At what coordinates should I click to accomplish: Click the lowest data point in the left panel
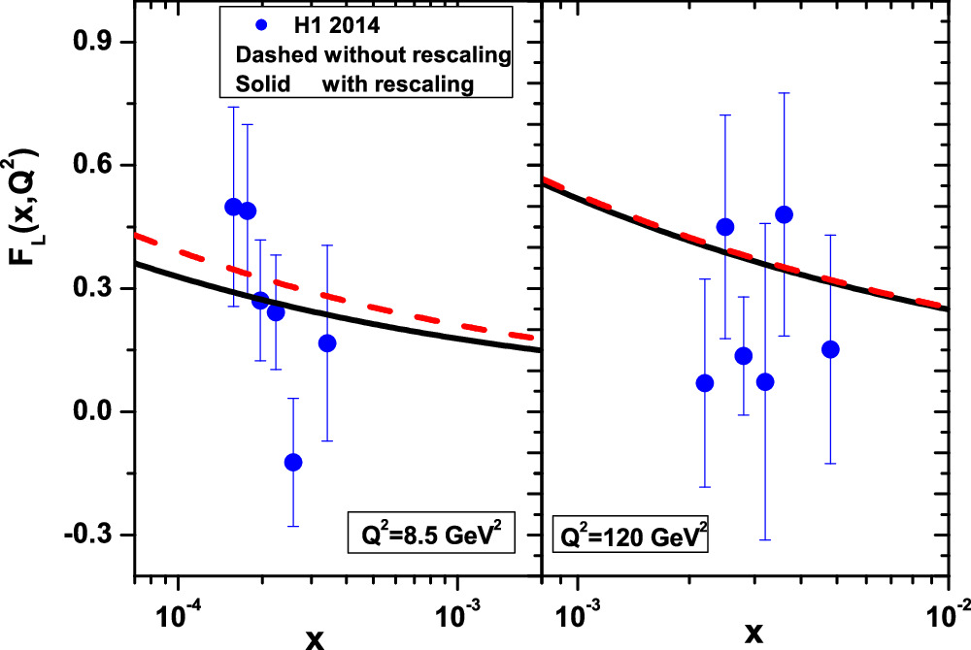[x=293, y=462]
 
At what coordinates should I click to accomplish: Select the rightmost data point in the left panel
[x=327, y=343]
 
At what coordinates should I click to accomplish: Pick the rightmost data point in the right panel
[x=830, y=349]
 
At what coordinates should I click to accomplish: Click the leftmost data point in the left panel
[x=233, y=207]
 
